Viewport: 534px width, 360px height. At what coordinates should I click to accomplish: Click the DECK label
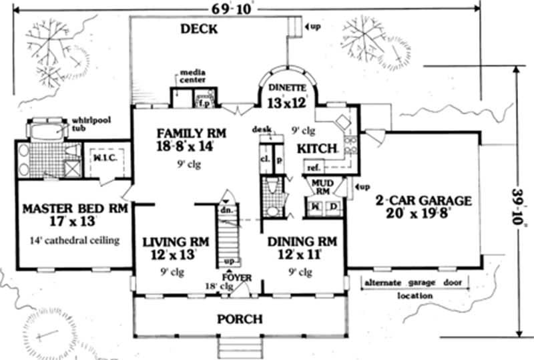200,29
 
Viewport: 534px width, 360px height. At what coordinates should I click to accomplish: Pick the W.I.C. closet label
104,158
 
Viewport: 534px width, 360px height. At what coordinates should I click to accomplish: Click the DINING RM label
301,241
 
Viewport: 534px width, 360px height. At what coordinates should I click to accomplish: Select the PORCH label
239,319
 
